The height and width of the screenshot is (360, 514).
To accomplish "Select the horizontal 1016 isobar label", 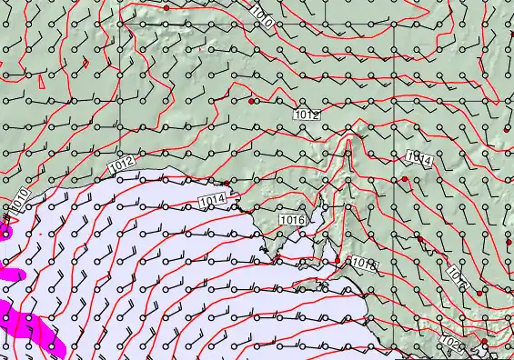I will pyautogui.click(x=293, y=220).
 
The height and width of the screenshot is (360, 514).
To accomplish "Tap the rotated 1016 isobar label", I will pyautogui.click(x=458, y=278).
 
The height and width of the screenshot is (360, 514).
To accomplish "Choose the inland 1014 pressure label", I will pyautogui.click(x=418, y=159).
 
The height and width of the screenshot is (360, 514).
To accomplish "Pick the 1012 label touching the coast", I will pyautogui.click(x=122, y=162).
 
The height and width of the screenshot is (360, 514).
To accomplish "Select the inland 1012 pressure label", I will pyautogui.click(x=307, y=115).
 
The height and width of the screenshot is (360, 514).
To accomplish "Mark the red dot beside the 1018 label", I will pyautogui.click(x=338, y=260).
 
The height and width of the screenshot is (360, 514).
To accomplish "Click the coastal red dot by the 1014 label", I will pyautogui.click(x=227, y=183).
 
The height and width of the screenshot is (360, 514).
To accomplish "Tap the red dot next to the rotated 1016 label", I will pyautogui.click(x=480, y=292).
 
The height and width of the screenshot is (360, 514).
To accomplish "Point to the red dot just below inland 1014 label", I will pyautogui.click(x=405, y=179).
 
